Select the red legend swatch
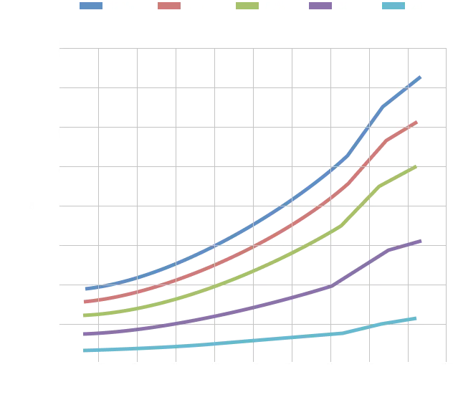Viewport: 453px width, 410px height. [x=169, y=6]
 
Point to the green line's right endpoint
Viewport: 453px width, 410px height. [x=416, y=166]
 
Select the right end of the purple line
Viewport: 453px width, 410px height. [x=421, y=241]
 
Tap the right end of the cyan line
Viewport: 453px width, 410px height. [x=416, y=318]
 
